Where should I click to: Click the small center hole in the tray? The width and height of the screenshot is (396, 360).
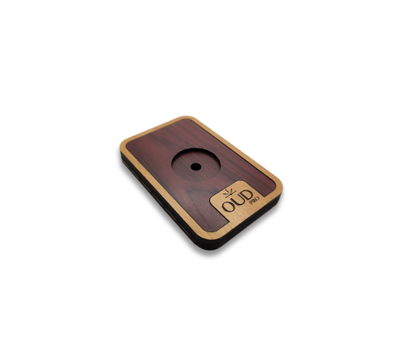click(194, 167)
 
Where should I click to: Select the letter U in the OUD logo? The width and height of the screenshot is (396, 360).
click(239, 205)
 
